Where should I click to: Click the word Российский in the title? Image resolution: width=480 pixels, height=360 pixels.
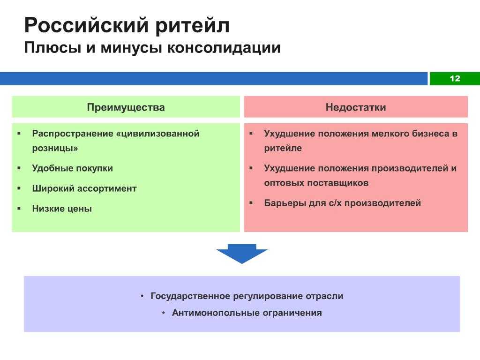pyautogui.click(x=87, y=25)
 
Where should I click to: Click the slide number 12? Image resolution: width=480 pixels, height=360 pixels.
pyautogui.click(x=455, y=78)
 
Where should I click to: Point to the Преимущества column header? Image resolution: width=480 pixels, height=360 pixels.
pyautogui.click(x=126, y=107)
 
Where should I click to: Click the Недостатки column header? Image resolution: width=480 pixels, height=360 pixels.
pyautogui.click(x=356, y=107)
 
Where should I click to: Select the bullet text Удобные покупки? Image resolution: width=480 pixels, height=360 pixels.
pyautogui.click(x=73, y=168)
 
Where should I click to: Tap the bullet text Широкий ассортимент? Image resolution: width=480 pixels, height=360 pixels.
pyautogui.click(x=84, y=188)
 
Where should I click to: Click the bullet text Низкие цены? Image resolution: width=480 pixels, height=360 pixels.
pyautogui.click(x=62, y=209)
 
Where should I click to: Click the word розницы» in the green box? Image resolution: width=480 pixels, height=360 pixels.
pyautogui.click(x=55, y=149)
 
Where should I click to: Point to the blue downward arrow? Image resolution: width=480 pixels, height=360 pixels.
pyautogui.click(x=242, y=254)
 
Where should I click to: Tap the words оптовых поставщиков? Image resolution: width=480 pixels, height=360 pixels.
pyautogui.click(x=316, y=183)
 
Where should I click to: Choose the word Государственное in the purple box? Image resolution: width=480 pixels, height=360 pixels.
pyautogui.click(x=190, y=296)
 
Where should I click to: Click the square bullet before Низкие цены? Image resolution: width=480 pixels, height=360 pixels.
pyautogui.click(x=19, y=209)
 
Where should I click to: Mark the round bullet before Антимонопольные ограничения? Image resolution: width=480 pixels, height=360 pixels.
pyautogui.click(x=164, y=313)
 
